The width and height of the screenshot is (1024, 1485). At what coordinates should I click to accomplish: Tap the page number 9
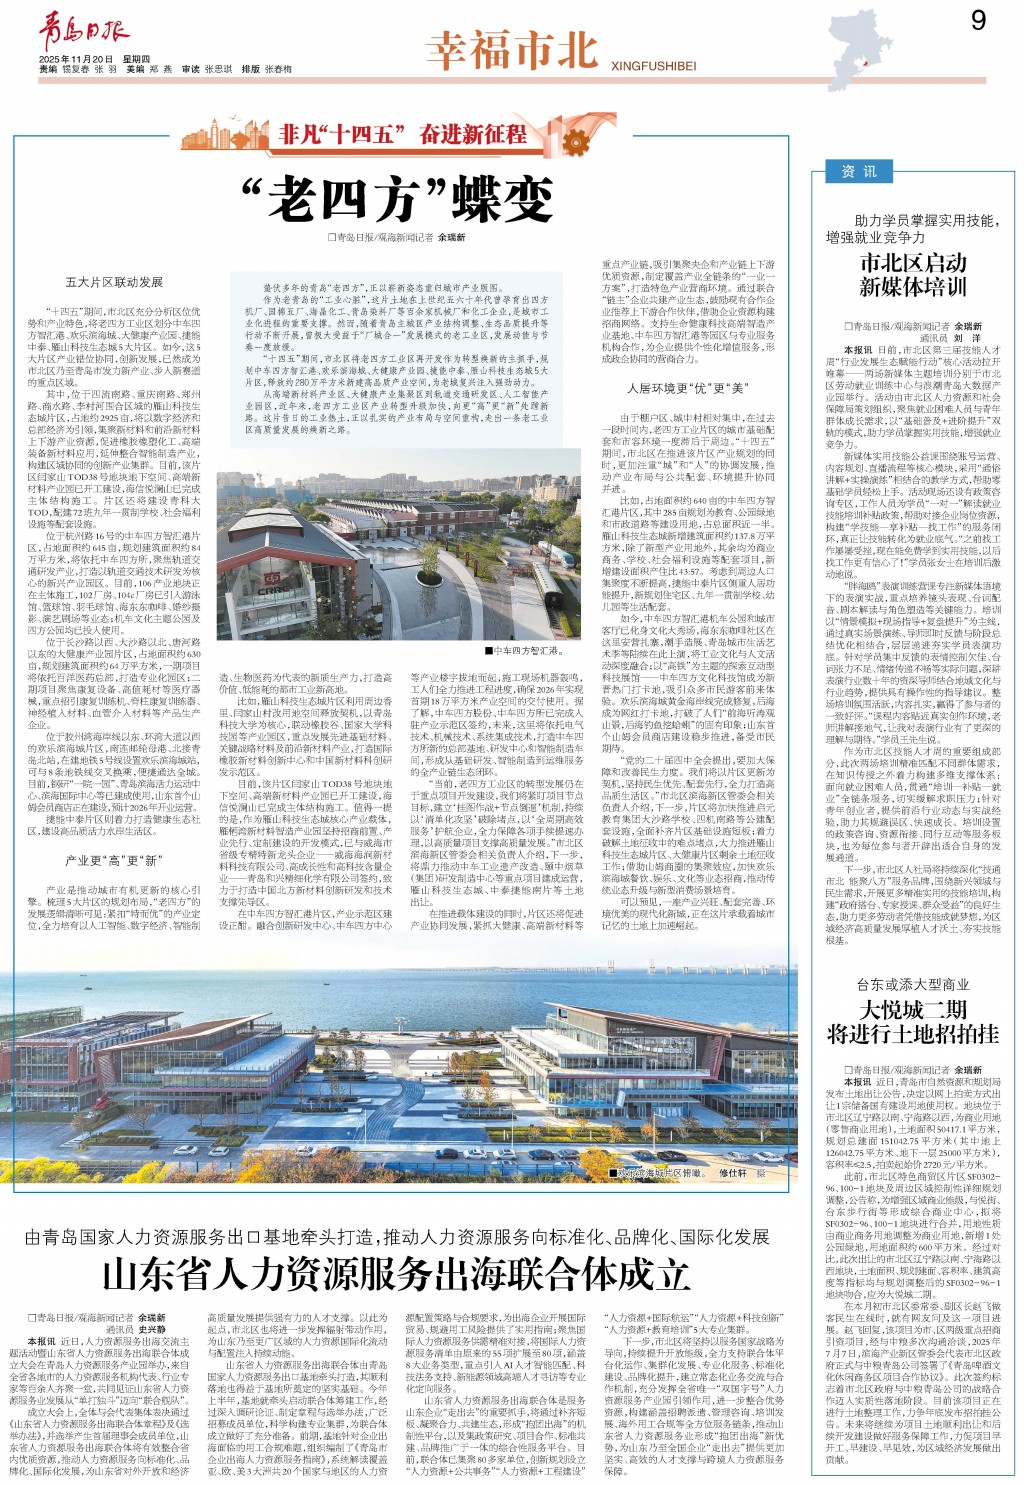(978, 21)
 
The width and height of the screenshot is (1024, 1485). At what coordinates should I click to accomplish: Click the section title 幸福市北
(511, 50)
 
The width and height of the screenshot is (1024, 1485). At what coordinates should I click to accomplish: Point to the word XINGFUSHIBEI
(653, 67)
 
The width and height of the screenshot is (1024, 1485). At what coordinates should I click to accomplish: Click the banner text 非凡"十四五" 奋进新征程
(403, 133)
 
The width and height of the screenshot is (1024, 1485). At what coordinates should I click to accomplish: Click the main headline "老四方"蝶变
(398, 197)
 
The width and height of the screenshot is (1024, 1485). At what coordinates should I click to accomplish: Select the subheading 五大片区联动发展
(114, 283)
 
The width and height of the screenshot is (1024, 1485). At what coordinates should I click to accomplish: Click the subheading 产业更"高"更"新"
(112, 860)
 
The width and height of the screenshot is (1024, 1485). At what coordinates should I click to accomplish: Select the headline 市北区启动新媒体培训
(913, 275)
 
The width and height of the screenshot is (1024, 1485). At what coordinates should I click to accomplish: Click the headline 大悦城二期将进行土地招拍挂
(913, 1021)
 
